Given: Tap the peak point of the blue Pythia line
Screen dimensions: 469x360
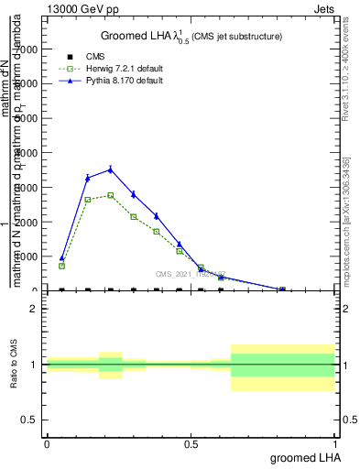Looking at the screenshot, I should (111, 169).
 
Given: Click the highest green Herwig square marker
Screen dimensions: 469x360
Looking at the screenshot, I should (111, 195).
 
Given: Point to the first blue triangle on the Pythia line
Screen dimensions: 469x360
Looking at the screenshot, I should (61, 258).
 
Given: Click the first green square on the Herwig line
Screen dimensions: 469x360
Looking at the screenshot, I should (61, 266).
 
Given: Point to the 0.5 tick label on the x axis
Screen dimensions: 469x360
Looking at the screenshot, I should (191, 443).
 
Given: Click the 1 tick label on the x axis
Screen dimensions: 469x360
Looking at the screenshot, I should (335, 443).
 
